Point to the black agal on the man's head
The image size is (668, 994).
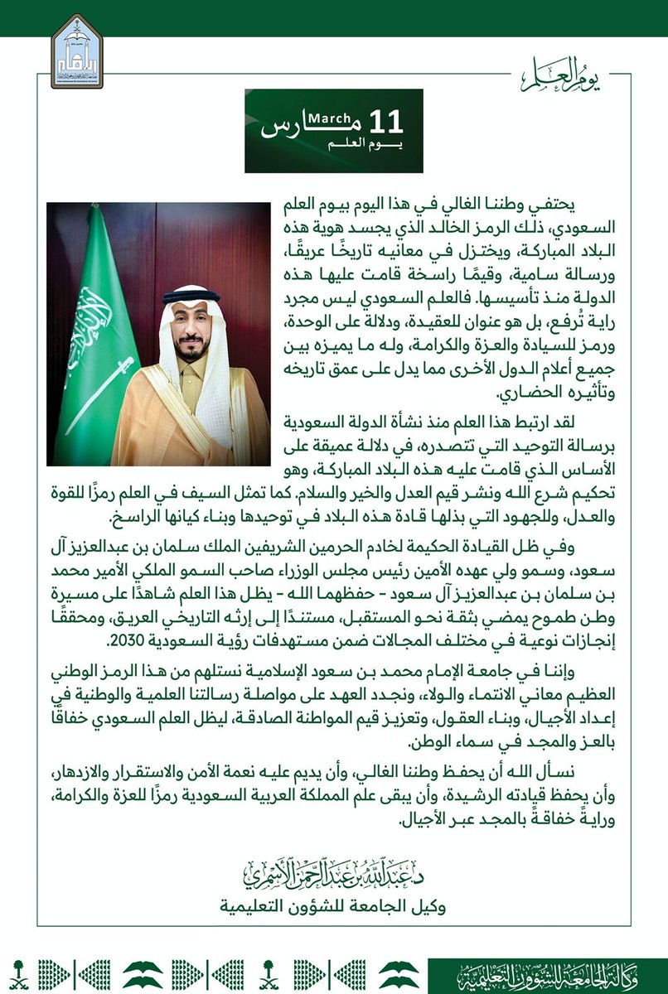(191, 295)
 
